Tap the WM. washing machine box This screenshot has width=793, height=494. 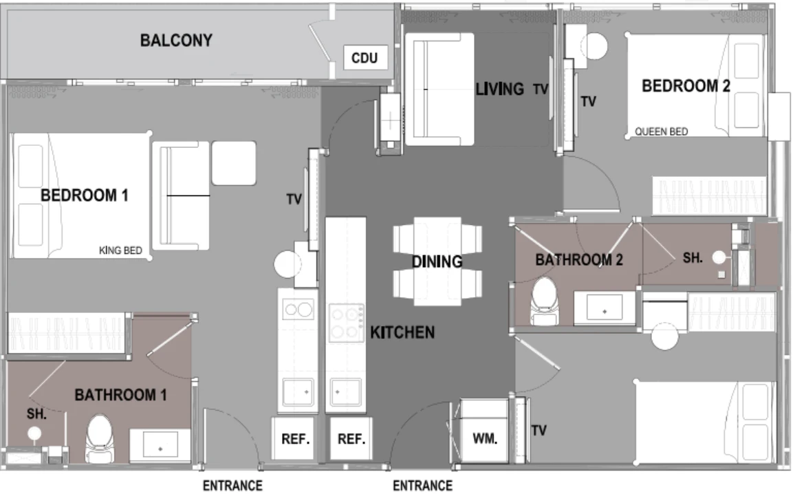pyautogui.click(x=484, y=431)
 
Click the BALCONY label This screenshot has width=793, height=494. pyautogui.click(x=176, y=41)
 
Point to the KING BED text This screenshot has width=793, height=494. pyautogui.click(x=120, y=250)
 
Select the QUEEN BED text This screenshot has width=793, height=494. pyautogui.click(x=661, y=131)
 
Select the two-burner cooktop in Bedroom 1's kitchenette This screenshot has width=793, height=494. pyautogui.click(x=298, y=309)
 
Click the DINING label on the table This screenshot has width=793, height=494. pyautogui.click(x=437, y=261)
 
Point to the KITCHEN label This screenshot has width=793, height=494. pyautogui.click(x=402, y=332)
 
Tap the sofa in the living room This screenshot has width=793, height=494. pyautogui.click(x=439, y=89)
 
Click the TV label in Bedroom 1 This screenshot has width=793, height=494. pyautogui.click(x=294, y=200)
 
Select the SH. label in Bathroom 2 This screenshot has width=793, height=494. pyautogui.click(x=693, y=258)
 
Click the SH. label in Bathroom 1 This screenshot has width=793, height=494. pyautogui.click(x=36, y=414)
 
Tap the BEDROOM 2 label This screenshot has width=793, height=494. pyautogui.click(x=686, y=86)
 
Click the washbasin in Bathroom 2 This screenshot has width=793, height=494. pyautogui.click(x=605, y=308)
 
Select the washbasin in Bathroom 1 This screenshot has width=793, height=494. pyautogui.click(x=160, y=444)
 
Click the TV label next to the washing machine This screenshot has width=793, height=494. pyautogui.click(x=539, y=431)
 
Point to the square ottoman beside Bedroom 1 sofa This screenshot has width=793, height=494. pyautogui.click(x=234, y=163)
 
